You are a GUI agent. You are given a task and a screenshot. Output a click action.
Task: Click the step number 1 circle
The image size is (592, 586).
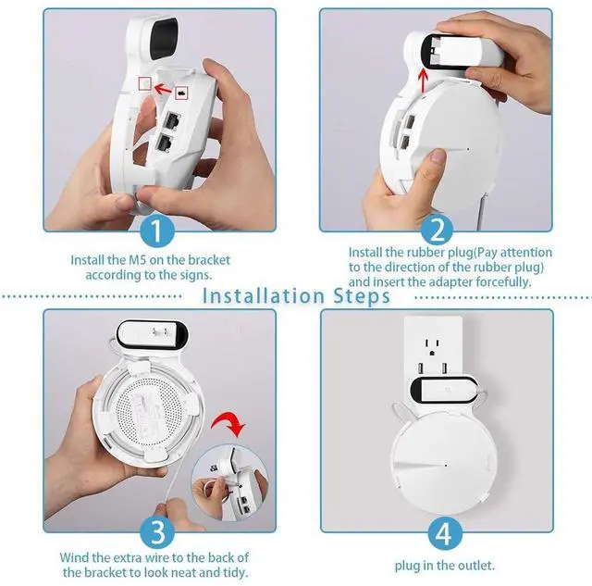(x=157, y=231)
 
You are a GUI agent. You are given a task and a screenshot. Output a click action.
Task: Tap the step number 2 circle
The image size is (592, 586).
(x=437, y=230)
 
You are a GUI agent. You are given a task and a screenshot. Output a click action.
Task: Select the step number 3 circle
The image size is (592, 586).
(x=157, y=531)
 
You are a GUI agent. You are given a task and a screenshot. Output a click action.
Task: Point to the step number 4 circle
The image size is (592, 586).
(x=445, y=533)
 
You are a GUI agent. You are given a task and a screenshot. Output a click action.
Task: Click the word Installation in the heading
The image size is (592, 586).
(x=263, y=296)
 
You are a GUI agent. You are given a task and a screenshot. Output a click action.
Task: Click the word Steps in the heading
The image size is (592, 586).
(x=362, y=296)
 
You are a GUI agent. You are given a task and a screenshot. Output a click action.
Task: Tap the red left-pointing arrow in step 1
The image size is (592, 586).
(x=163, y=89)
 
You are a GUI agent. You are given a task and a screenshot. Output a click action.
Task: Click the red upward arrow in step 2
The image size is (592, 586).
(x=424, y=81)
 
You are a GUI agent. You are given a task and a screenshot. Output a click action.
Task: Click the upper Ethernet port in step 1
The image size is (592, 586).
(x=173, y=120)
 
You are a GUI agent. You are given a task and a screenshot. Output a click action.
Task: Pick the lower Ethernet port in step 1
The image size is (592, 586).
(x=165, y=142)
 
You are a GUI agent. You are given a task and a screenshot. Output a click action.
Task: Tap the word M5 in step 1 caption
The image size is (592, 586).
(x=138, y=260)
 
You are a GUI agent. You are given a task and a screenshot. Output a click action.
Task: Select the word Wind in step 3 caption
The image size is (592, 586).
(x=74, y=557)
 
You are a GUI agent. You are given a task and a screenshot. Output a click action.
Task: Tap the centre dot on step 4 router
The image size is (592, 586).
(x=446, y=466)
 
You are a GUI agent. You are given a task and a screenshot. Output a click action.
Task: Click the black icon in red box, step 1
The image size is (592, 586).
(x=181, y=93)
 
